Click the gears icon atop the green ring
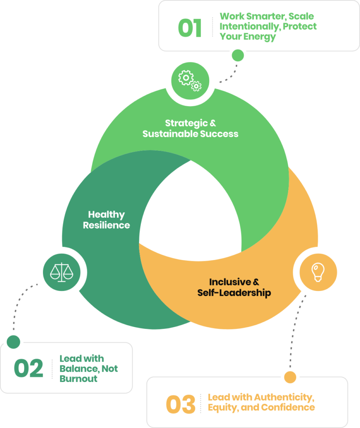[190, 80]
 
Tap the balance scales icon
[61, 272]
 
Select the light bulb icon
[318, 272]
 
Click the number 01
[190, 28]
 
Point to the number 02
[28, 369]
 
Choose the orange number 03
[180, 404]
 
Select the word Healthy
[106, 215]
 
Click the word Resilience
[106, 225]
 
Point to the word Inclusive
[230, 282]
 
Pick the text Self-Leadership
[234, 293]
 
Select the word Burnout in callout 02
[79, 379]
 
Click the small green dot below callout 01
[238, 55]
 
